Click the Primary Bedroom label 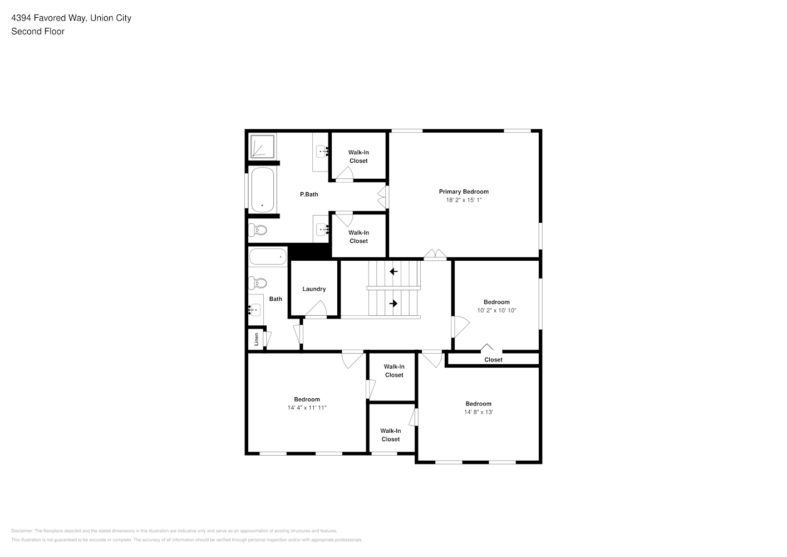tap(464, 192)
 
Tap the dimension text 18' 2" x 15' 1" tap(464, 200)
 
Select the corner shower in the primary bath tap(262, 146)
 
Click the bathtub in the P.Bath tap(263, 189)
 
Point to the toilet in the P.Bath tap(258, 231)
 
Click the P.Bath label tap(309, 194)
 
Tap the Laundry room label tap(314, 289)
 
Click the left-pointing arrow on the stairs tap(393, 271)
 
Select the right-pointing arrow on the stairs tap(393, 303)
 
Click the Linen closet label tap(257, 339)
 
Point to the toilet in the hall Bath tap(258, 283)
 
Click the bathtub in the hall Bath tap(268, 257)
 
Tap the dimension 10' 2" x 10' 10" tap(496, 310)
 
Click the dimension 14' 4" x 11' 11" tap(307, 408)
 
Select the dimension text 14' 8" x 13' tap(479, 412)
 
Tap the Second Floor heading tap(38, 31)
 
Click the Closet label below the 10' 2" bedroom tap(493, 360)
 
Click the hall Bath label tap(276, 299)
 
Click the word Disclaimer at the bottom tap(22, 531)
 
